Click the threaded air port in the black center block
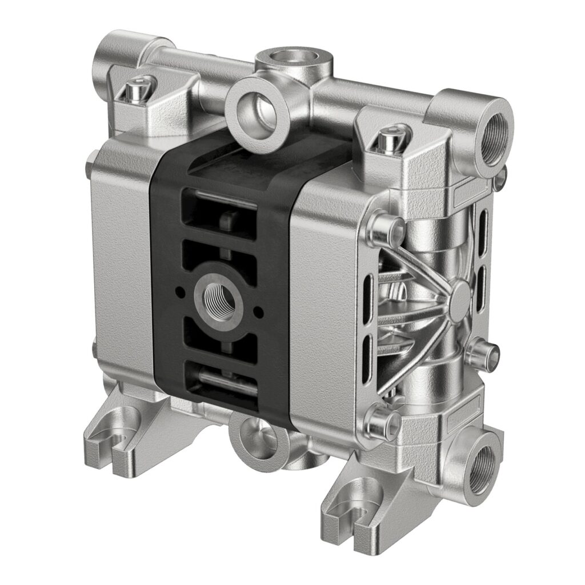(x=219, y=297)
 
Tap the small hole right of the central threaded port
(x=258, y=311)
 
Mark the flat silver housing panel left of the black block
(x=122, y=257)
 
